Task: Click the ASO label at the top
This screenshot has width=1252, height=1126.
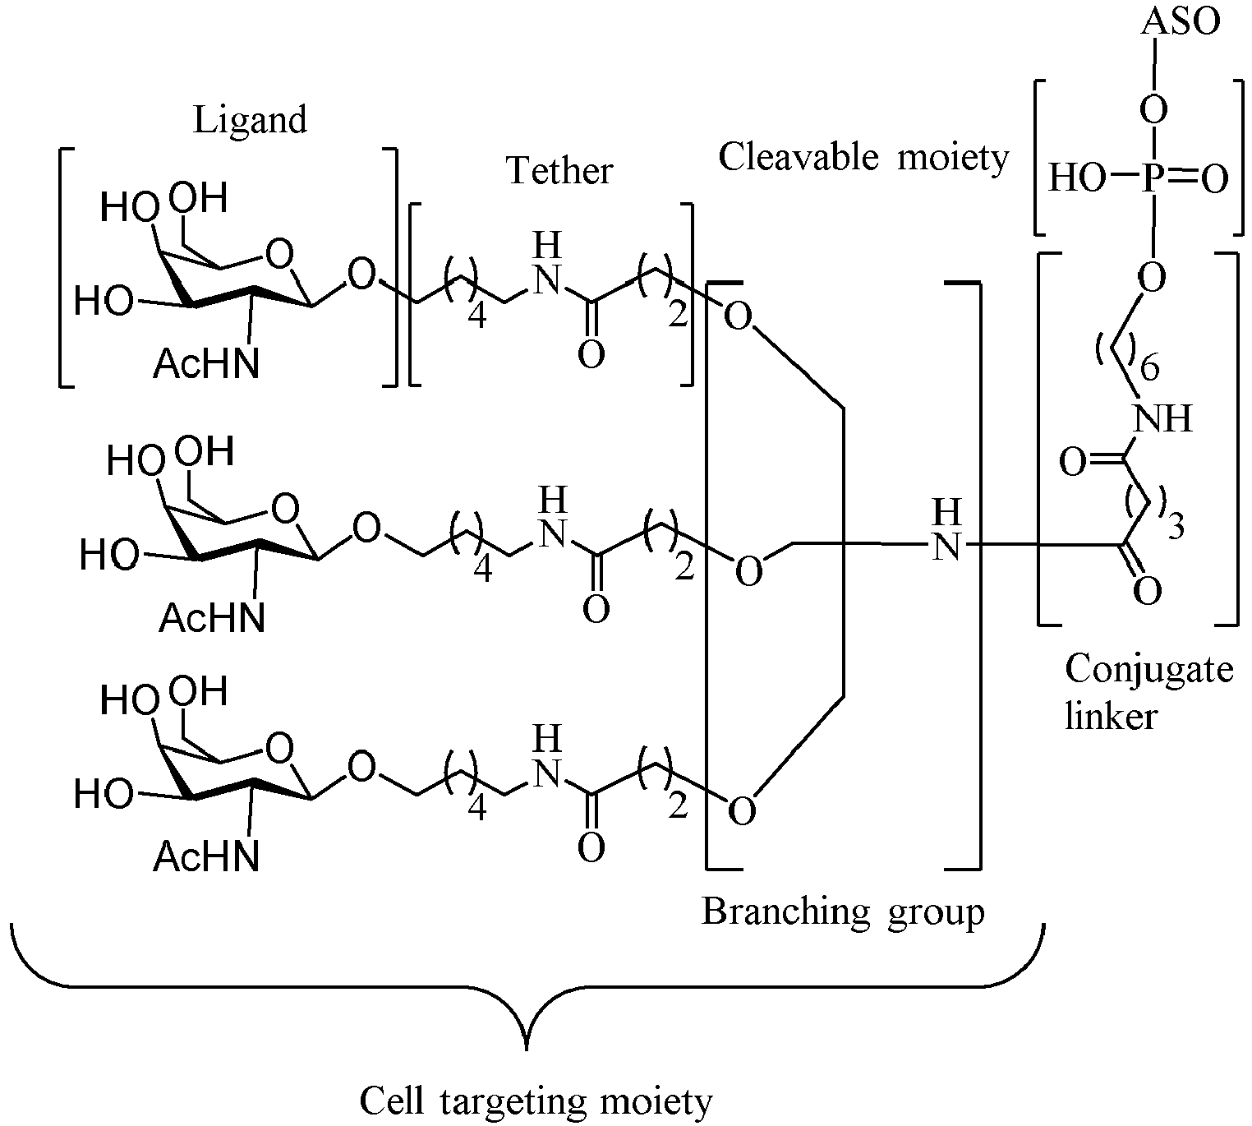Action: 1181,23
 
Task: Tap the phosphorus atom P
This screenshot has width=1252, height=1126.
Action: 1153,178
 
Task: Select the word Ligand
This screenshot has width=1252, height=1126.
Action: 251,121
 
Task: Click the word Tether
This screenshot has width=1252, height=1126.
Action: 559,170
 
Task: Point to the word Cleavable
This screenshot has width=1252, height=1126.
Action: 799,156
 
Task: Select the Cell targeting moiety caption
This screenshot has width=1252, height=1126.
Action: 536,1103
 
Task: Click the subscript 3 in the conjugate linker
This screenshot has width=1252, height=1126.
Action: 1176,527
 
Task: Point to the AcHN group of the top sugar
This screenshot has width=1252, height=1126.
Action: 206,364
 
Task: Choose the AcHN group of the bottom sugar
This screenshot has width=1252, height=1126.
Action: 206,856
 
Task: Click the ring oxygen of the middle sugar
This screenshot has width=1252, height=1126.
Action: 285,510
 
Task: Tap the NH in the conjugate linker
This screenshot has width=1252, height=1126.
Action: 1162,418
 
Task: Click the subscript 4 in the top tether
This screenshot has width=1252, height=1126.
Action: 476,316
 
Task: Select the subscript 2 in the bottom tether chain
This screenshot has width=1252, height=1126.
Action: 678,807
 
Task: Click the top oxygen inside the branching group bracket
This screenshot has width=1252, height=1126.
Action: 738,316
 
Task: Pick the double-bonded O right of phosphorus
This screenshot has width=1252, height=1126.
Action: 1214,178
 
